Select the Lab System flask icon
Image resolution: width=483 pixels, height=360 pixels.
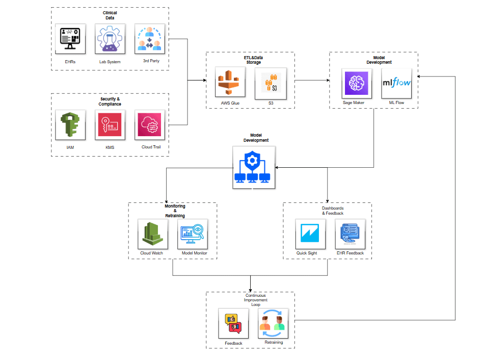pyautogui.click(x=111, y=40)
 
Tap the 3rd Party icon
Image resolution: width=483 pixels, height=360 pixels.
pyautogui.click(x=149, y=40)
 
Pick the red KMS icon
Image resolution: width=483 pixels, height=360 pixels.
pyautogui.click(x=111, y=125)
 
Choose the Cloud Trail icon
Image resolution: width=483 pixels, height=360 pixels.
pyautogui.click(x=149, y=125)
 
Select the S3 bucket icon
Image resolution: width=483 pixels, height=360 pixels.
pyautogui.click(x=271, y=83)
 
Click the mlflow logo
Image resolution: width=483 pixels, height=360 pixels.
pyautogui.click(x=396, y=83)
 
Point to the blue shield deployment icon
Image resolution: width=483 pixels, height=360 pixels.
pyautogui.click(x=253, y=167)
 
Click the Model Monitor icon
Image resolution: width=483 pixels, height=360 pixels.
pyautogui.click(x=193, y=234)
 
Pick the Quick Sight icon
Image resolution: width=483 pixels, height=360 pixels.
pyautogui.click(x=310, y=234)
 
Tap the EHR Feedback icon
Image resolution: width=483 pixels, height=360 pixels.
pyautogui.click(x=351, y=234)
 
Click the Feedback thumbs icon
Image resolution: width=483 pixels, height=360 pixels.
pyautogui.click(x=233, y=324)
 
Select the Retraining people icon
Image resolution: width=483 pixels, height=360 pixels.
pyautogui.click(x=273, y=324)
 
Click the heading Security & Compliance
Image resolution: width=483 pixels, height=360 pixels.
pyautogui.click(x=110, y=101)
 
